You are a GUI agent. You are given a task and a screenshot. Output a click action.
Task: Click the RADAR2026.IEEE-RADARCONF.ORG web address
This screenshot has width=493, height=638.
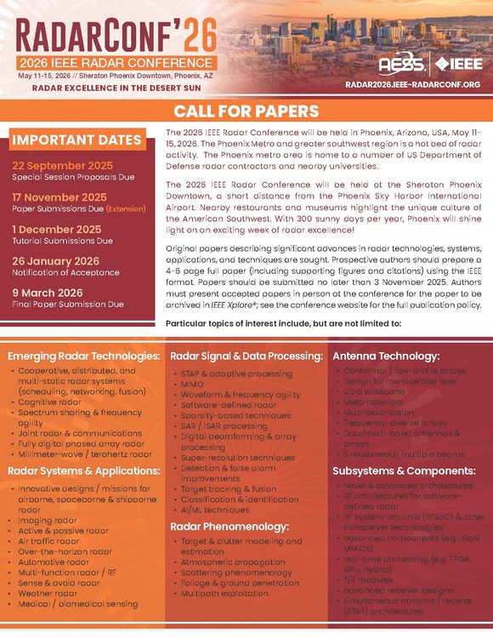[x=413, y=85]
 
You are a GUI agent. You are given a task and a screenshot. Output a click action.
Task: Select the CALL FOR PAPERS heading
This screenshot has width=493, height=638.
[x=246, y=111]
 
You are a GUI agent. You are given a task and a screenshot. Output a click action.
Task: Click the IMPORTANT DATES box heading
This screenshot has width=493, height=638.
[x=76, y=140]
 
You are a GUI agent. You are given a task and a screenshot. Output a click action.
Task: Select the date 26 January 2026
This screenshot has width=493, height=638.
[x=55, y=260]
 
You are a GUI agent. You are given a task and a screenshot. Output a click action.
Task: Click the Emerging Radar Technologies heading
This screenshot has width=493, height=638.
[x=83, y=355]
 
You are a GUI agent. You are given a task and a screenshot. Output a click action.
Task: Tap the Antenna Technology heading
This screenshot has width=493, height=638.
[x=386, y=356]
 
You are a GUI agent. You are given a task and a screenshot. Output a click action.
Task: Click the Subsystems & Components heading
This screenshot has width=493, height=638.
[x=403, y=470]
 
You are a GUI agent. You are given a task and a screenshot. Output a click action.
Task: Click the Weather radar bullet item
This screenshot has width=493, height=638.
[x=47, y=592]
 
